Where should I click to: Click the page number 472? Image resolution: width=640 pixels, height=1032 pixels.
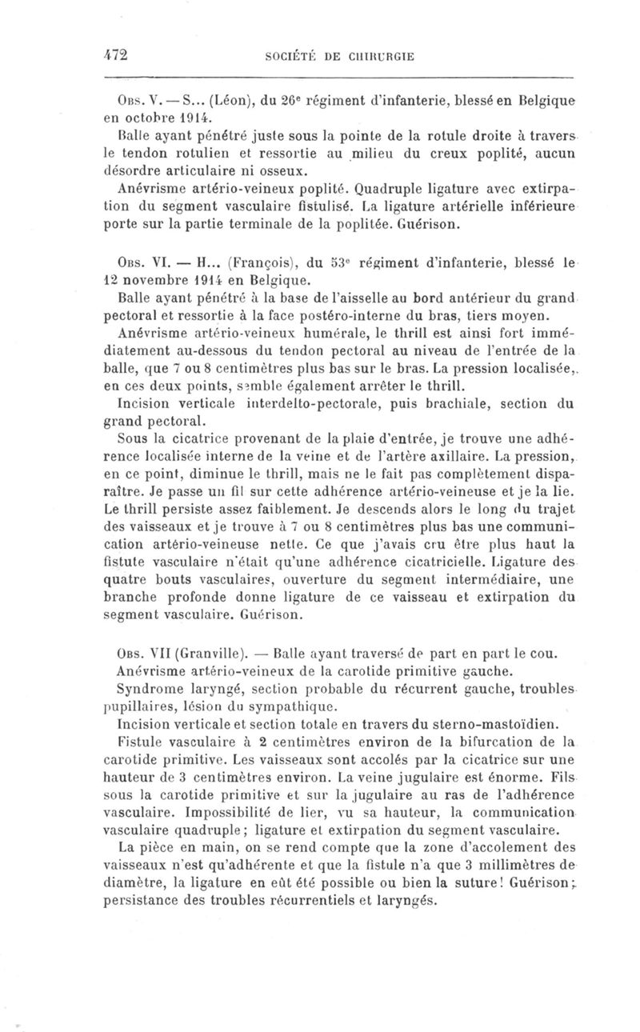[118, 54]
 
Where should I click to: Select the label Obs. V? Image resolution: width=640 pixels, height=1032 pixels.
[134, 100]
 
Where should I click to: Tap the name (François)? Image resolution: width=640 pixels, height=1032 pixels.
[259, 260]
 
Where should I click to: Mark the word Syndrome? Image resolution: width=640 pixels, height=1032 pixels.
[146, 690]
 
